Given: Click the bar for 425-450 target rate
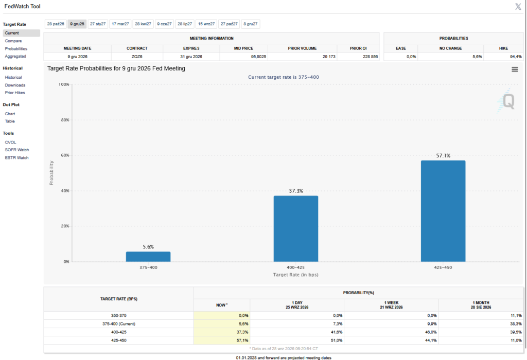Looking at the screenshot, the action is point(443,211).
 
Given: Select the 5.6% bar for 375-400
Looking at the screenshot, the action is point(148,257).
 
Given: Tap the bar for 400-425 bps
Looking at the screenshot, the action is point(296,229).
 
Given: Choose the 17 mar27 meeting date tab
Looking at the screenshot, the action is point(120,24).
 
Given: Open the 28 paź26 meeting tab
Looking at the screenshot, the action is point(56,24).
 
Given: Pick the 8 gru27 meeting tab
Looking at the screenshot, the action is point(251,24).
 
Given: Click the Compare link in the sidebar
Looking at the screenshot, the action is point(13,41).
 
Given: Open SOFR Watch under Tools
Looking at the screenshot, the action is point(17,150).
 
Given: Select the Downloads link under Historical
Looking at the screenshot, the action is point(15,85).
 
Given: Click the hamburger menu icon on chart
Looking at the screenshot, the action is point(515,69).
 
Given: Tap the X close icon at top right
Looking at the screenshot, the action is point(518,7).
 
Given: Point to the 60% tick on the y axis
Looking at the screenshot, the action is point(65,155).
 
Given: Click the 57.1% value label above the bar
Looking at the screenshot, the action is point(443,155).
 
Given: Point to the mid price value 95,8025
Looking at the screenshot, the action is point(258,57).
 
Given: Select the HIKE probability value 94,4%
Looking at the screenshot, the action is point(516,57).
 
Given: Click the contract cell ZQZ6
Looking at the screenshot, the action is point(137,57).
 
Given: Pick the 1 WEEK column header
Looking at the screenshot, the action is point(391,302).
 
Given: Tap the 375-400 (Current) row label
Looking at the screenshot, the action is point(119,324).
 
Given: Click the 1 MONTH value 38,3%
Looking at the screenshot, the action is point(516,324).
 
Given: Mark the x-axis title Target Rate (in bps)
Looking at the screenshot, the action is point(296,275).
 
